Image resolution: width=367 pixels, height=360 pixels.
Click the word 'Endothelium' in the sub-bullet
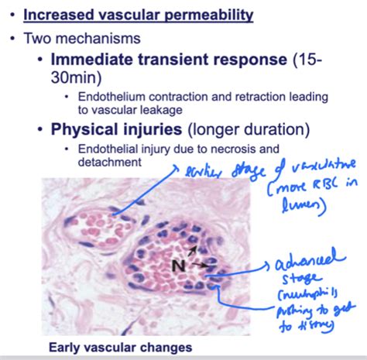(108, 95)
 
